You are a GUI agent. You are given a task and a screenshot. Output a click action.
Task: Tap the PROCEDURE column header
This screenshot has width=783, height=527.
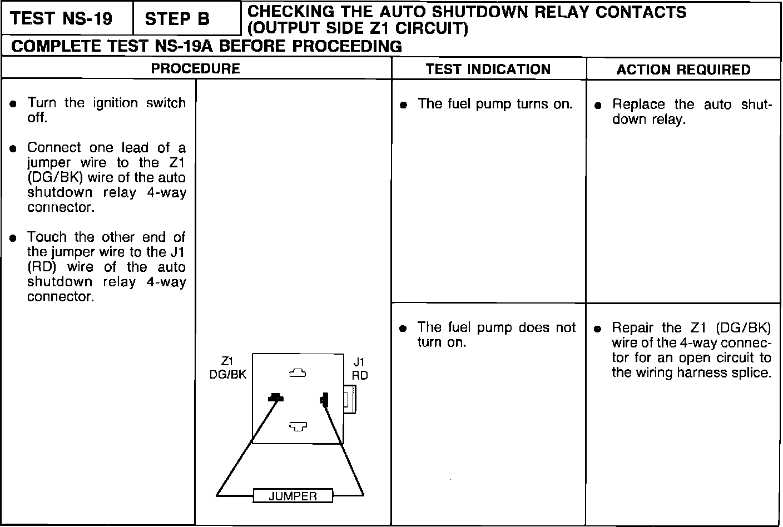(196, 69)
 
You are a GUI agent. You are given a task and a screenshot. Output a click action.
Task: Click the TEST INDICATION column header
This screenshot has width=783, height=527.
(488, 69)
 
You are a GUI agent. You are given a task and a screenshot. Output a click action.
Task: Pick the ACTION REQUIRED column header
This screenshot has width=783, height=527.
(683, 70)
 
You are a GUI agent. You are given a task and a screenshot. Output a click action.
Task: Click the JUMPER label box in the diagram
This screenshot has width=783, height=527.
(293, 496)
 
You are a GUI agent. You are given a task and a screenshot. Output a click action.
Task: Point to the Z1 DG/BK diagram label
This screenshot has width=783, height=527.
(227, 368)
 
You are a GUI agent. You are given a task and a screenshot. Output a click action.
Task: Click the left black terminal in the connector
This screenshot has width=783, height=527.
(275, 397)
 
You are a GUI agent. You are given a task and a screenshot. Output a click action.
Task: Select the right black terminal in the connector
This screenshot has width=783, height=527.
(324, 399)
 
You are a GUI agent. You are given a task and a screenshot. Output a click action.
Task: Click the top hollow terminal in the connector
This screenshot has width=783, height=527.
(298, 374)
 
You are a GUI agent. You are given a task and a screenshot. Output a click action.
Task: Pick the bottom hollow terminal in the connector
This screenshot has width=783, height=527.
(298, 426)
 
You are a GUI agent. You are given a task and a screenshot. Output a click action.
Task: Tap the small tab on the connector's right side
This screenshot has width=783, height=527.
(350, 399)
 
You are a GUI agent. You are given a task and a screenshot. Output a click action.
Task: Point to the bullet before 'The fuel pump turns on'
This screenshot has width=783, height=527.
(404, 105)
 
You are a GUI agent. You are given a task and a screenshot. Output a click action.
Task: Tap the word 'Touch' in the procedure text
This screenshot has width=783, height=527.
(47, 237)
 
